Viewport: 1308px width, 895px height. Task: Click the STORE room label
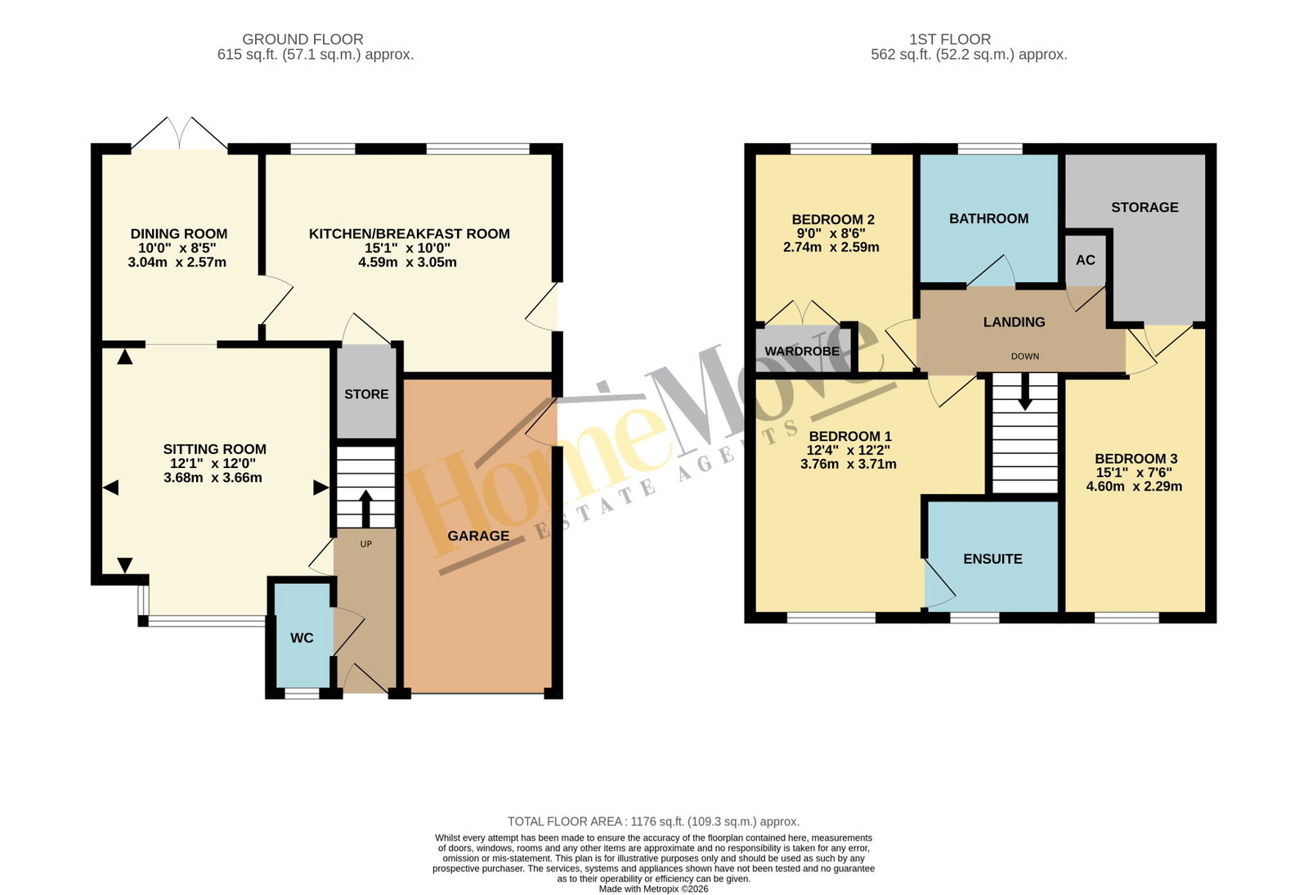pos(366,394)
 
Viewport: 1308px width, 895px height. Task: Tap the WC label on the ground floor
pos(302,638)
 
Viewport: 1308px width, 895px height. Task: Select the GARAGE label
pos(478,536)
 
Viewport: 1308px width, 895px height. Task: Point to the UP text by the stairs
pos(365,544)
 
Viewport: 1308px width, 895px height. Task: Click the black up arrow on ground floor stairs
pos(365,509)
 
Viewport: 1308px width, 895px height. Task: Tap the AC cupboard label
pos(1085,260)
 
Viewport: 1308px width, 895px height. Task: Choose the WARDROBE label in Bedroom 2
pos(802,351)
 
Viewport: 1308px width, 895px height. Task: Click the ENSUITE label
pos(992,559)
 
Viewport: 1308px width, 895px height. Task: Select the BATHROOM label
pos(988,218)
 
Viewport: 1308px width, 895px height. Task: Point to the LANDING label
pos(1014,322)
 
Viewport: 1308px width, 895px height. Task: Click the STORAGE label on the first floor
pos(1144,208)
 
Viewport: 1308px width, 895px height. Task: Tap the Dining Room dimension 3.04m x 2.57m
pos(177,263)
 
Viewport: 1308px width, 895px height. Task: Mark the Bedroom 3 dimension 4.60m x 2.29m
pos(1134,487)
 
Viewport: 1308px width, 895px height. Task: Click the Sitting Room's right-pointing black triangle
pos(320,488)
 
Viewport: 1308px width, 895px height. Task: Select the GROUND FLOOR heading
pos(302,39)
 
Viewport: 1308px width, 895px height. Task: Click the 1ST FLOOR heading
pos(949,39)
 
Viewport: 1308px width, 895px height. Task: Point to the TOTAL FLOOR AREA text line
pos(653,821)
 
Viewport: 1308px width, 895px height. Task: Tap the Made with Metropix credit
pos(653,889)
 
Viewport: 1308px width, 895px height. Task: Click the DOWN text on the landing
pos(1025,357)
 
